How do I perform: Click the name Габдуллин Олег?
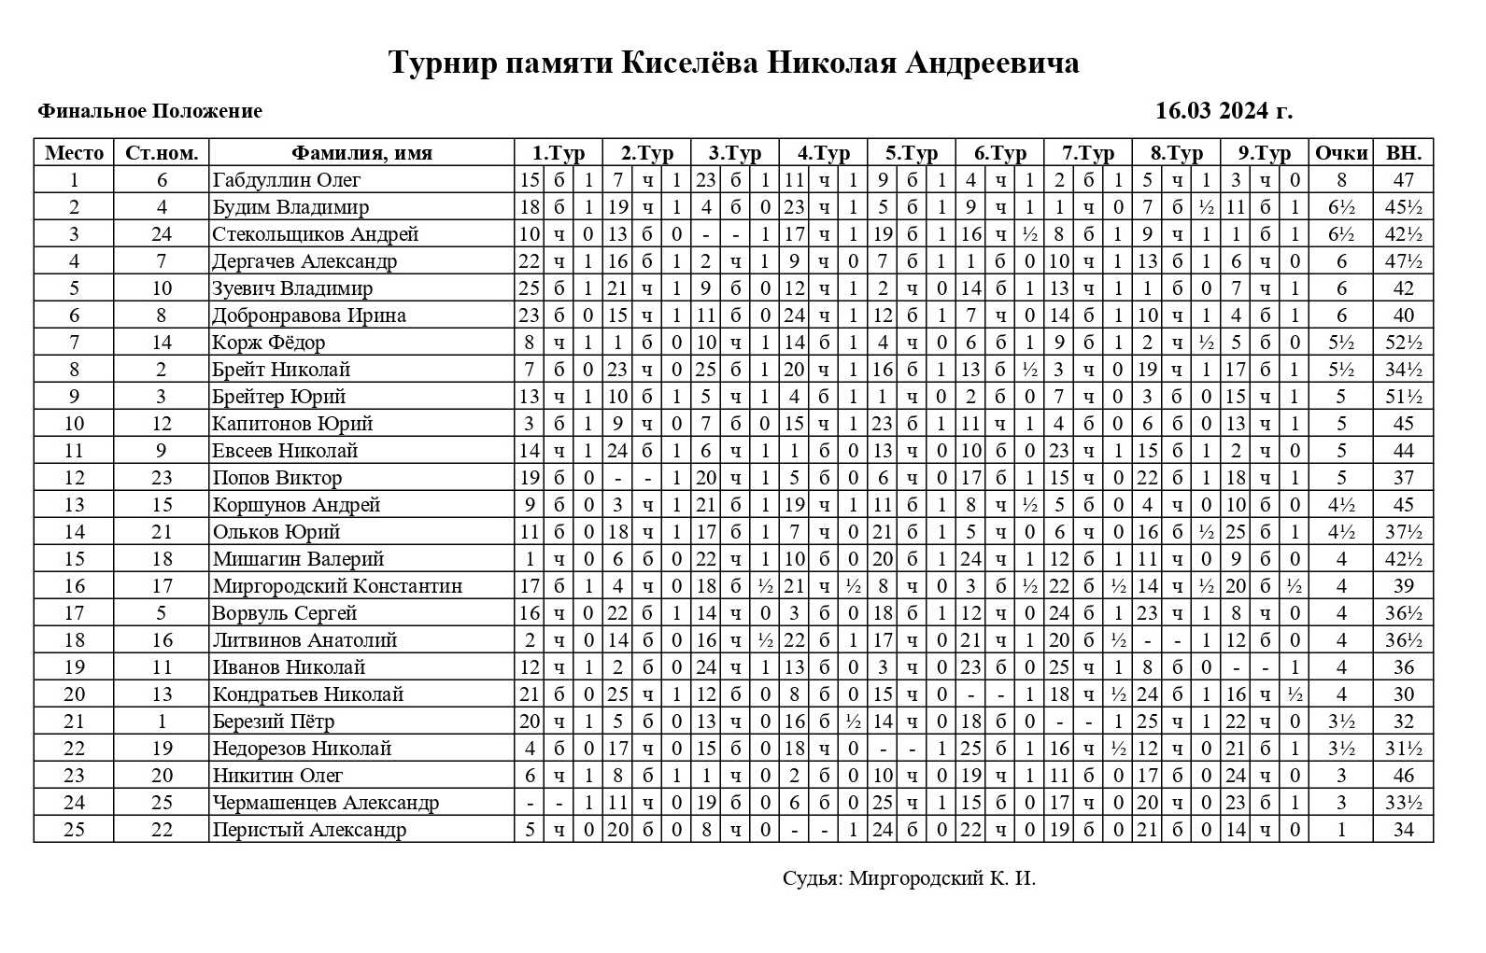coord(286,180)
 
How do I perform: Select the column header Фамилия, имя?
coord(361,153)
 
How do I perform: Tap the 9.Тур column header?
coord(1264,153)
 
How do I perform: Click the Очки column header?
coord(1340,153)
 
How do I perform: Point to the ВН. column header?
coord(1403,153)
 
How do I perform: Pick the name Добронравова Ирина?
coord(308,315)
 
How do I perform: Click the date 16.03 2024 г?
coord(1224,111)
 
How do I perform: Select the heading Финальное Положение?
coord(149,111)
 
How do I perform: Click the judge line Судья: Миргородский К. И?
coord(909,878)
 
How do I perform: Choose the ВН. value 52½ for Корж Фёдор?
coord(1403,343)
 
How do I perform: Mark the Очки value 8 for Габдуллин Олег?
coord(1341,180)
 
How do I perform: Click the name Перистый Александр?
coord(308,830)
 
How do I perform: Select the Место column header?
coord(74,153)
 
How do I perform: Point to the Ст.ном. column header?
coord(162,153)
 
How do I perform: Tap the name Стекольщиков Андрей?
coord(315,234)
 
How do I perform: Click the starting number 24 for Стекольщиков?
coord(162,234)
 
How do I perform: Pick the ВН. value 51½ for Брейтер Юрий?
coord(1403,397)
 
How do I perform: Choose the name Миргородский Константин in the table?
coord(336,586)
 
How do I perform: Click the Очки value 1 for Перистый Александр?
coord(1341,830)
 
